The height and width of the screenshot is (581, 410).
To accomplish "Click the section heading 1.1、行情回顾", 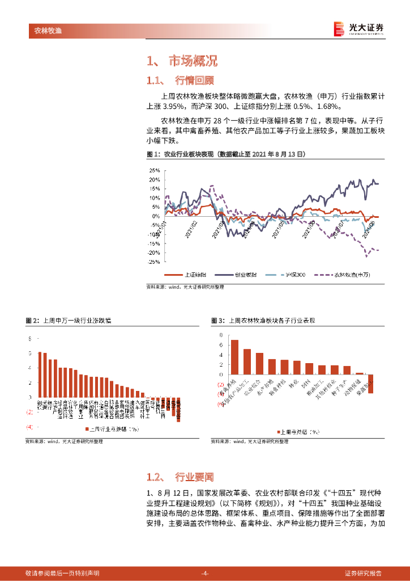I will click(x=180, y=80).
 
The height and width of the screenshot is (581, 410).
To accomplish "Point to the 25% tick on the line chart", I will click(x=154, y=170).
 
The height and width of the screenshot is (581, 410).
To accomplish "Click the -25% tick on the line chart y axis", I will click(x=153, y=262).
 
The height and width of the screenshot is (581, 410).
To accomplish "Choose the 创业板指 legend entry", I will click(x=238, y=275).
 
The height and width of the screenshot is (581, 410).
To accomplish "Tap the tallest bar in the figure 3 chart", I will click(x=234, y=357).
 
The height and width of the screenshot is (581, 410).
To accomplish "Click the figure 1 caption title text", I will click(x=225, y=154).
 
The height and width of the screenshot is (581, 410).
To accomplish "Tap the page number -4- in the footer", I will click(x=205, y=573).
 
